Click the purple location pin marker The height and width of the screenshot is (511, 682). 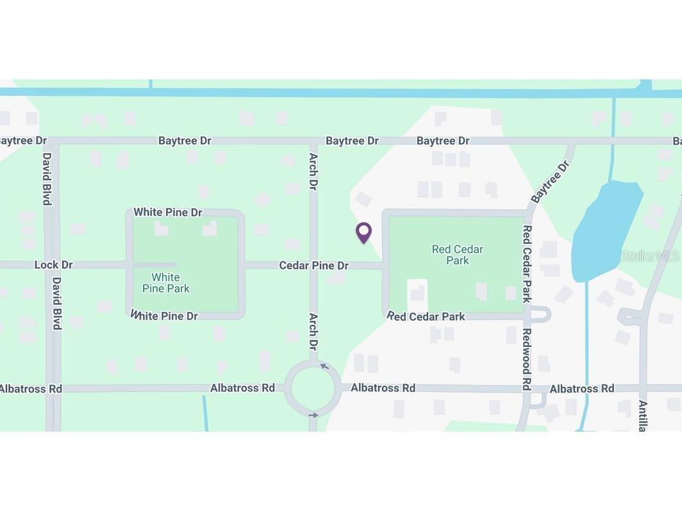(363, 232)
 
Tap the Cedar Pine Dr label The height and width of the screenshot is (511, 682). (313, 265)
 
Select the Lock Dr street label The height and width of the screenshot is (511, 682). (53, 264)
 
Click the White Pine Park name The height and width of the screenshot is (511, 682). (165, 282)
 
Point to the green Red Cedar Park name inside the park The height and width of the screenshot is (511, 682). (457, 254)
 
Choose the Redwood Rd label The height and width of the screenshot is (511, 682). (526, 359)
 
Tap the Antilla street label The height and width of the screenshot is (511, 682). (642, 416)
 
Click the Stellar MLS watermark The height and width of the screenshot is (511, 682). (649, 256)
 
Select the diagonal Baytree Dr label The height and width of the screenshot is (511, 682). (550, 182)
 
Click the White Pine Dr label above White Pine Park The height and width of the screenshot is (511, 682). (167, 212)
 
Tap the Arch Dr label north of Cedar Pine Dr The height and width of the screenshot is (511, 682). (313, 171)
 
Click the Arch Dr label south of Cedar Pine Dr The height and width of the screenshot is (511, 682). (313, 331)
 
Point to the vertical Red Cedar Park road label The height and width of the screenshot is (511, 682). (527, 263)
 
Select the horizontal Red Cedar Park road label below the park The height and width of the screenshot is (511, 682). (426, 316)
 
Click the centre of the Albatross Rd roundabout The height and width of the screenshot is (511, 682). (313, 388)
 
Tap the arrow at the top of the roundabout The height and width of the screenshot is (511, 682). (324, 366)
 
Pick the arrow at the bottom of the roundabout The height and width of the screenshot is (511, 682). (313, 415)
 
